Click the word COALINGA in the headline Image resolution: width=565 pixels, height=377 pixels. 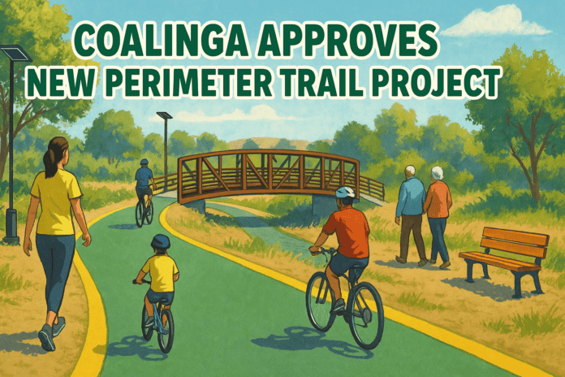coord(162,39)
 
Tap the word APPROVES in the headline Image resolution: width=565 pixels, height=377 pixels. coord(347,39)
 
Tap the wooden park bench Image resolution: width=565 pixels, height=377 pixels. coord(504,261)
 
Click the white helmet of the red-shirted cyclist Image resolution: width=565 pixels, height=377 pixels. coord(345,192)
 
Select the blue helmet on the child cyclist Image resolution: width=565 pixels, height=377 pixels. coord(161,241)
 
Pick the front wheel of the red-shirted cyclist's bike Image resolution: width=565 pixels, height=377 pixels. coord(365,315)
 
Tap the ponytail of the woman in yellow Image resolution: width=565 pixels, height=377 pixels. coord(50,158)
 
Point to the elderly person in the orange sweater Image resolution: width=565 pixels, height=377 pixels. coord(438,217)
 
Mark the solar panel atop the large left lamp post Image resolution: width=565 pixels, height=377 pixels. coord(16,53)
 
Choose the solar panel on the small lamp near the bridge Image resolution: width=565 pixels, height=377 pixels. coord(164,115)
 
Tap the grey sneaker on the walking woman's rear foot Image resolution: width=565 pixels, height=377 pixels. coord(47,337)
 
